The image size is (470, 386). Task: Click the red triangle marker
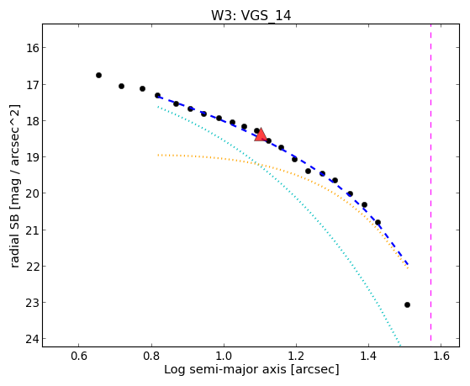click(x=261, y=135)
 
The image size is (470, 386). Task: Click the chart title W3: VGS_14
click(x=251, y=16)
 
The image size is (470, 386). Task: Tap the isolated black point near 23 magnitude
click(x=407, y=304)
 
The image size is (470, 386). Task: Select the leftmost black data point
click(x=98, y=76)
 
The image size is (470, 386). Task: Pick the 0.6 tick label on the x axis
click(x=78, y=356)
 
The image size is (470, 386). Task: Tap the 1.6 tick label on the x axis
click(x=441, y=356)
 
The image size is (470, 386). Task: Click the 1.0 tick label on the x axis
click(x=224, y=356)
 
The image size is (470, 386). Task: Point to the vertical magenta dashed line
click(x=430, y=182)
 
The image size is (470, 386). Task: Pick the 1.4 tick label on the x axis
click(x=368, y=356)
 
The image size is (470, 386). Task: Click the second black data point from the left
click(x=121, y=86)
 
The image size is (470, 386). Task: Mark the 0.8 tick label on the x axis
click(x=151, y=356)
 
